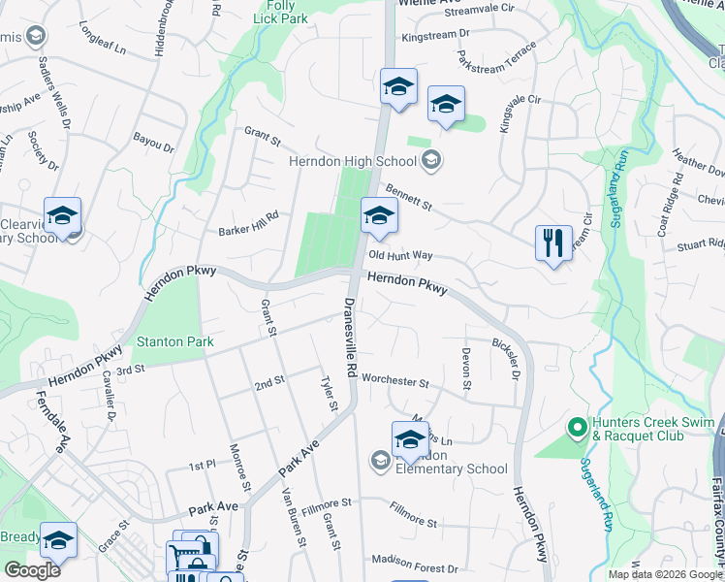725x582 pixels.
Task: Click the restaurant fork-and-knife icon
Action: (x=553, y=242)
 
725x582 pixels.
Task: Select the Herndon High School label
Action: (x=359, y=162)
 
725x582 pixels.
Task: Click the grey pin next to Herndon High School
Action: (x=433, y=161)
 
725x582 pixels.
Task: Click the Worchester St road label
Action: (x=395, y=383)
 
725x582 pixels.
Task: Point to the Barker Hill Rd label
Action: (x=248, y=225)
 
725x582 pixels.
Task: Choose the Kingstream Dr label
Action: (x=435, y=33)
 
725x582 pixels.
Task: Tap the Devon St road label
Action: (x=466, y=370)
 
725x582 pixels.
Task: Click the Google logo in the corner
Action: (x=32, y=570)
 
